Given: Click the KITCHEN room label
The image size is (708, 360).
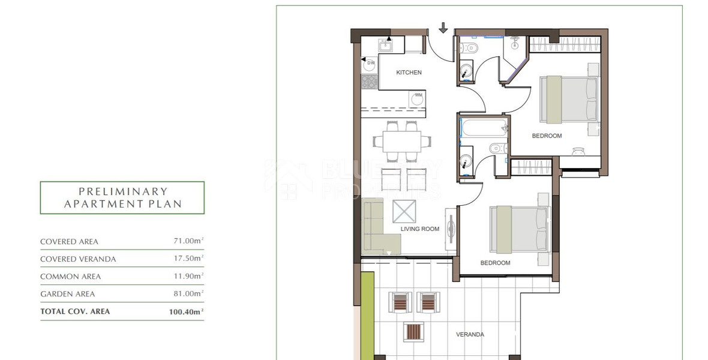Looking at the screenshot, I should (409, 73).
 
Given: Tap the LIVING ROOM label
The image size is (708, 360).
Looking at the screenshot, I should (419, 229).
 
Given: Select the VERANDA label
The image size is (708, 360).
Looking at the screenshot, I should (470, 334).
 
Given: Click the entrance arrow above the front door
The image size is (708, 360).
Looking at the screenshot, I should (443, 28).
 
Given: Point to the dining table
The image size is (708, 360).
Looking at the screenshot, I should (402, 142).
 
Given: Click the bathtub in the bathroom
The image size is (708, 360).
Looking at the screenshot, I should (483, 127).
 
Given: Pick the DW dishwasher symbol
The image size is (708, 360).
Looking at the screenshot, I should (370, 63).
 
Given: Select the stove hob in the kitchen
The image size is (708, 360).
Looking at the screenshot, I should (368, 82).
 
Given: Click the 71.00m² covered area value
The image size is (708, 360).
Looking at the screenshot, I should (188, 241).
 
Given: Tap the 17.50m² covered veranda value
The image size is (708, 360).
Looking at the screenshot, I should (188, 259).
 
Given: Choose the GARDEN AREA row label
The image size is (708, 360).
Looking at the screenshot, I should (67, 294).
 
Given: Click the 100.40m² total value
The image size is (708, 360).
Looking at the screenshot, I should (187, 311).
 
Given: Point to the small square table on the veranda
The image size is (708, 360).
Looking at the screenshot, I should (414, 331).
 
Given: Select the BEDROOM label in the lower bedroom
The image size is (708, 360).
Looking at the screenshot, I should (495, 263).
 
